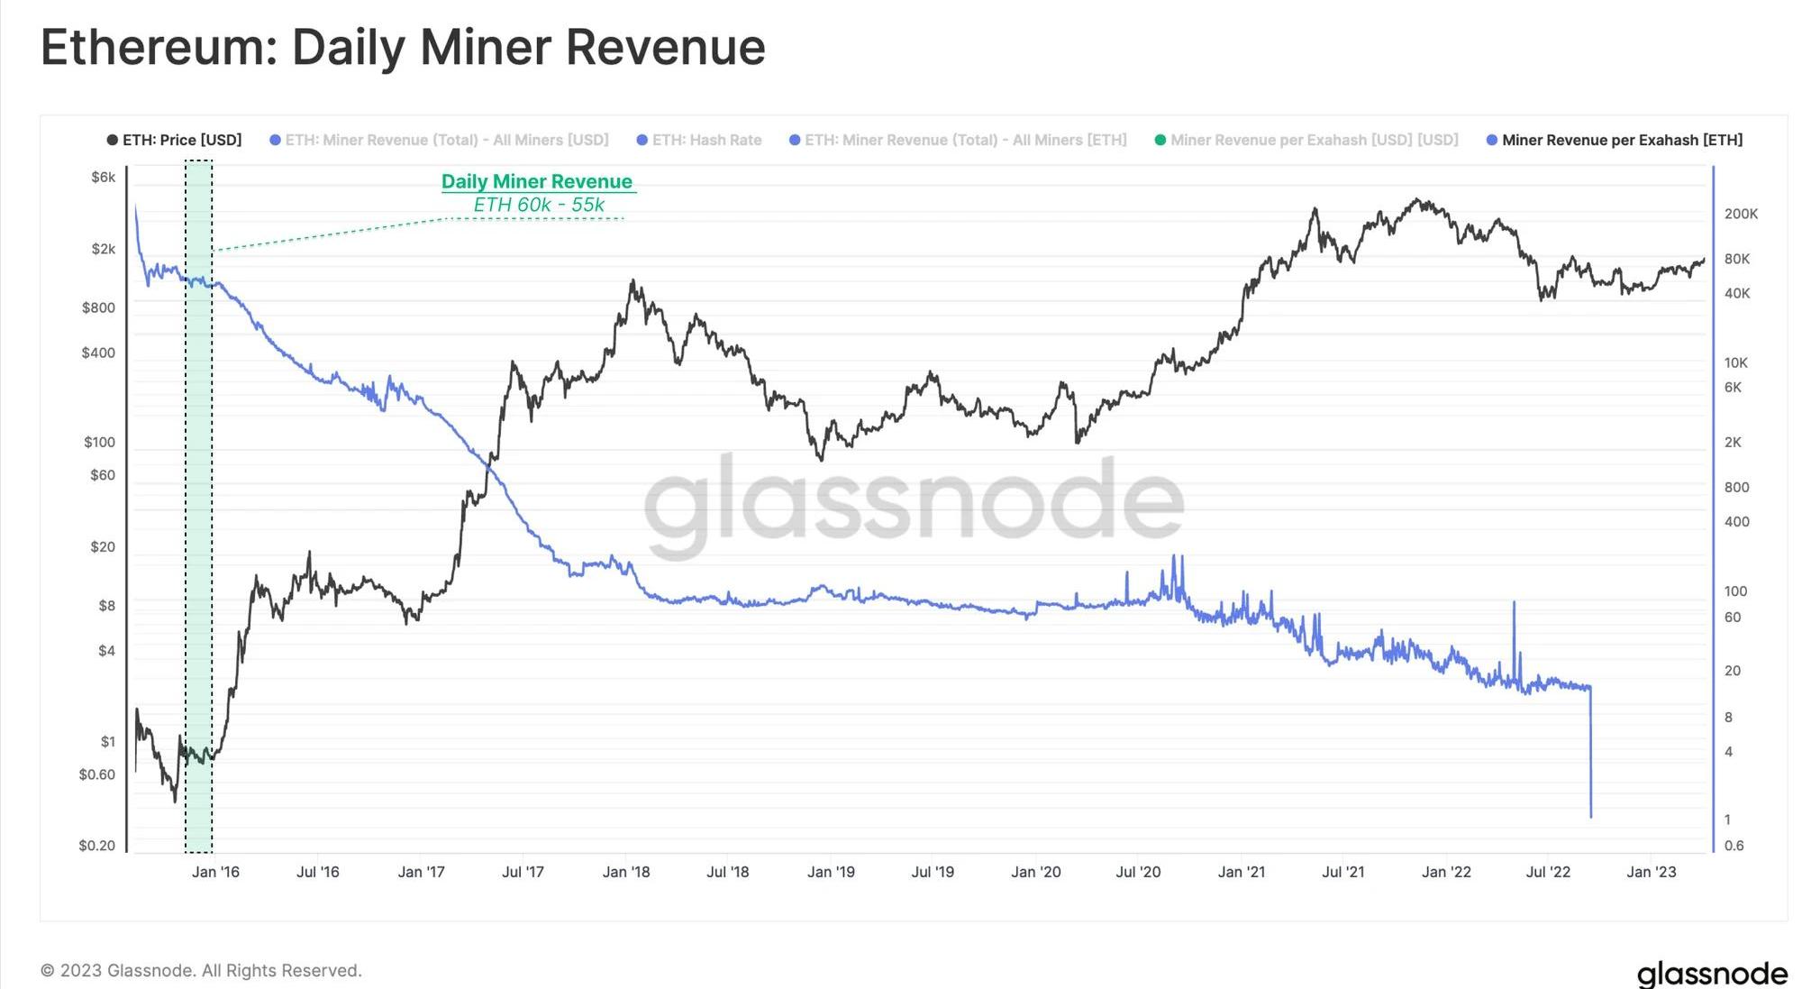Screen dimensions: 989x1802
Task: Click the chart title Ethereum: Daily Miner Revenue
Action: click(403, 48)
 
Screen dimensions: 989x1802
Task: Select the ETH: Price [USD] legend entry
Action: click(175, 140)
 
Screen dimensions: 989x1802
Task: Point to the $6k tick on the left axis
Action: click(103, 177)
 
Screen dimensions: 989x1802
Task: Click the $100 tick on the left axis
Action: click(99, 442)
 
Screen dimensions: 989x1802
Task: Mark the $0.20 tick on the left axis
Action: click(96, 845)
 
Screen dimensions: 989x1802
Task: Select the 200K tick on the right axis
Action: click(1741, 214)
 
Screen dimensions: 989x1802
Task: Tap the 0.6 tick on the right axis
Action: click(1734, 845)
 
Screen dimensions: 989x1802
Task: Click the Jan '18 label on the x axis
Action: click(626, 872)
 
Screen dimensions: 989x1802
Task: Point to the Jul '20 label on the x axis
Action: click(1138, 872)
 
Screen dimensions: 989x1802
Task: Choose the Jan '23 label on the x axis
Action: click(1651, 872)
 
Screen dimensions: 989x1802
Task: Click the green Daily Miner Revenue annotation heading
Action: click(537, 181)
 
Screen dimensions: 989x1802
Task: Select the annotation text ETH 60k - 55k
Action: click(539, 205)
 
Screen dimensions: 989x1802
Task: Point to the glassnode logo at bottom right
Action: click(1711, 973)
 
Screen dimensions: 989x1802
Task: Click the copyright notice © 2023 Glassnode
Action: click(201, 970)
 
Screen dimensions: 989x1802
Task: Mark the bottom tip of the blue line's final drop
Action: click(1591, 816)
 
